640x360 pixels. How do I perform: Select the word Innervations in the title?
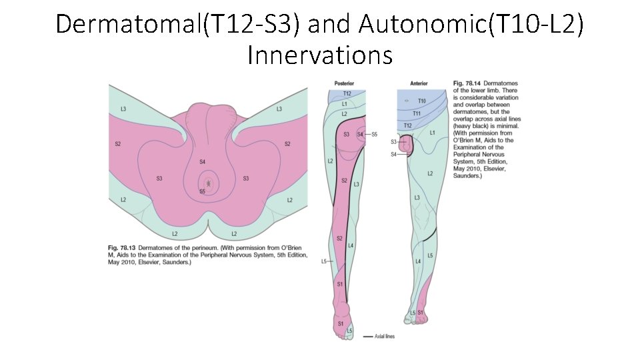[x=319, y=55]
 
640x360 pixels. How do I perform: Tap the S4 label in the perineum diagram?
[x=202, y=162]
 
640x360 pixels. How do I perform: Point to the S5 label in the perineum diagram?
[x=202, y=191]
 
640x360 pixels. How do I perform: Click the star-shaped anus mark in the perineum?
[x=210, y=182]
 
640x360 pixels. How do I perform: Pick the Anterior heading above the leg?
[x=419, y=83]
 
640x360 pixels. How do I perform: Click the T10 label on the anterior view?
[x=421, y=101]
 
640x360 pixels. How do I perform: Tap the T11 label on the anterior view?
[x=417, y=113]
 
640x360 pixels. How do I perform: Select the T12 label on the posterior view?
[x=347, y=94]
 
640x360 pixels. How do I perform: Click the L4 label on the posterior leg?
[x=351, y=246]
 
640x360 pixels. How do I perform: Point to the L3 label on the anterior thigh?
[x=417, y=198]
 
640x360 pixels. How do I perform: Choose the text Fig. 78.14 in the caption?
[x=467, y=83]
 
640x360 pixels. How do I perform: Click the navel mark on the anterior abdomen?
[x=406, y=101]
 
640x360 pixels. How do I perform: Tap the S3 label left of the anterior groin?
[x=393, y=142]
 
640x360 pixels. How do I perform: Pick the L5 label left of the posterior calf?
[x=324, y=261]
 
